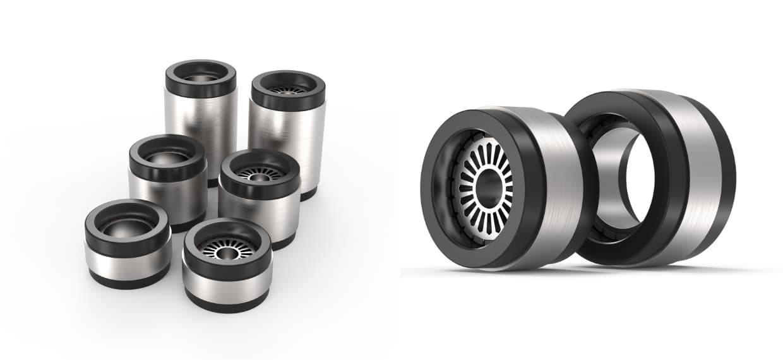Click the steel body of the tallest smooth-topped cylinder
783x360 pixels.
pyautogui.click(x=201, y=126)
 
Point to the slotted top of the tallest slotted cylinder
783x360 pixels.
pyautogui.click(x=287, y=89)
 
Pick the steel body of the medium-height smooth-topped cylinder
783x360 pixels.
pyautogui.click(x=167, y=196)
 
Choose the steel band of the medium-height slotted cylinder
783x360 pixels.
pyautogui.click(x=259, y=215)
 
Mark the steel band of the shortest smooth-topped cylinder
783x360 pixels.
pyautogui.click(x=126, y=260)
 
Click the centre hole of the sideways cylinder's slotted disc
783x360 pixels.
pyautogui.click(x=487, y=186)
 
